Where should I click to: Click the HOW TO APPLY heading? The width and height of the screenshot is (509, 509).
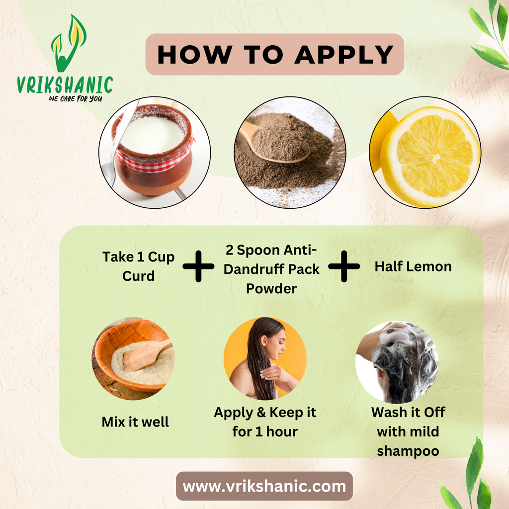coord(275,54)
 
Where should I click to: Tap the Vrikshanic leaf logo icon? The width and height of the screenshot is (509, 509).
coord(69,44)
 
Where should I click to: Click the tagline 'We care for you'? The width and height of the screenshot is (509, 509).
coord(76,98)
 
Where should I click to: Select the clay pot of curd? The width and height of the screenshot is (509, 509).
coord(153,149)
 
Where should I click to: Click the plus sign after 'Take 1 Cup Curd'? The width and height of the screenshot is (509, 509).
coord(198,266)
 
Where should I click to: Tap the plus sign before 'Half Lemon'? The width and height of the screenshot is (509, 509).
coord(344,266)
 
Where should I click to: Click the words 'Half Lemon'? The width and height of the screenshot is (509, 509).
coord(413,266)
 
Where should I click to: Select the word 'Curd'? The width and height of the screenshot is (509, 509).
coord(139,276)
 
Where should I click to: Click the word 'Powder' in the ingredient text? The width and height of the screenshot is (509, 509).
coord(271,289)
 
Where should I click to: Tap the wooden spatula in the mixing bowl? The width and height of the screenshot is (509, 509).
coord(147,355)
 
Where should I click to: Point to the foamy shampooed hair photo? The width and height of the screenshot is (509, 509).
coord(397,362)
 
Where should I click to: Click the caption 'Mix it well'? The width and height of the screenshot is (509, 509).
coord(135,422)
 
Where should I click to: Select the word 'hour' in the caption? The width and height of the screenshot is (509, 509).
coord(282,432)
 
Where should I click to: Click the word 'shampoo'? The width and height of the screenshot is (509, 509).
coord(408,451)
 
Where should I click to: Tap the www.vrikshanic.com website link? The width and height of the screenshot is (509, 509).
coord(264,486)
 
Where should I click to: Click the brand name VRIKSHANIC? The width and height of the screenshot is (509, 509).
coord(65,85)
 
